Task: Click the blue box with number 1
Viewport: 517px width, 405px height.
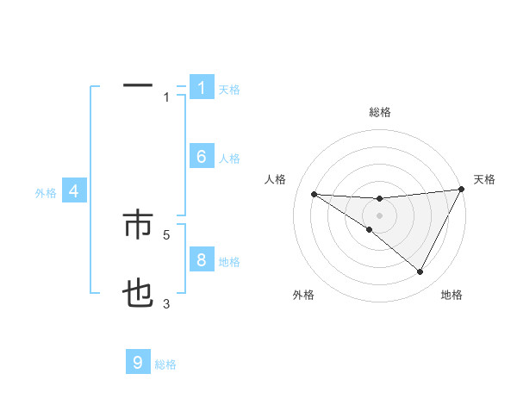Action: [202, 88]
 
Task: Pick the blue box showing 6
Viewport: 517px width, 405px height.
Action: [202, 157]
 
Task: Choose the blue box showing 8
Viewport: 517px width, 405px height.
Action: [202, 260]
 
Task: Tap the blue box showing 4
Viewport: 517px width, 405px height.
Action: [74, 191]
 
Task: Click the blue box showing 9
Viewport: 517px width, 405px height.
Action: [138, 363]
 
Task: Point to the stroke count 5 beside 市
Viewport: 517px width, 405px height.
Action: [166, 234]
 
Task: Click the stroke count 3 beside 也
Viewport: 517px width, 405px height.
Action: [166, 303]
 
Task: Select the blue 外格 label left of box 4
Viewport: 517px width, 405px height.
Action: [46, 193]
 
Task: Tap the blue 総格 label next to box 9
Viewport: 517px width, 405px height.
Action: [165, 364]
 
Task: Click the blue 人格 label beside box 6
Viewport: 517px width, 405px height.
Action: [229, 159]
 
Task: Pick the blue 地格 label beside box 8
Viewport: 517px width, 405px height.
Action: [229, 262]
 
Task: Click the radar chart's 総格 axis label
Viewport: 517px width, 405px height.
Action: [379, 112]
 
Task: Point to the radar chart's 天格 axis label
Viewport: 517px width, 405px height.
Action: [485, 179]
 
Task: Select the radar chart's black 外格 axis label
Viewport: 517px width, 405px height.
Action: [302, 295]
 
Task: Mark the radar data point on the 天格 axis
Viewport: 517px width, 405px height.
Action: [462, 190]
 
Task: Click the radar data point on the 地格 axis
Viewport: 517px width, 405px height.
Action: [420, 272]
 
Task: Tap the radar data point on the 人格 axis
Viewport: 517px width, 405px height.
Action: [314, 194]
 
